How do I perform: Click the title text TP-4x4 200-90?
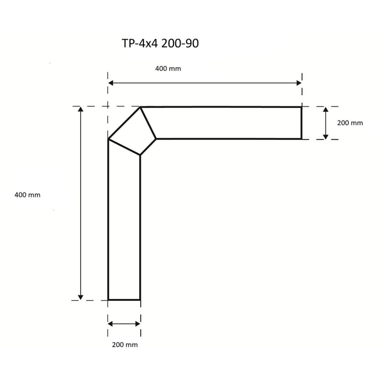pos(160,44)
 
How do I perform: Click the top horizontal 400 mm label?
pos(168,68)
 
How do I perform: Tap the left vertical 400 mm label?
pos(27,195)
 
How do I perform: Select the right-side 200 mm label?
pos(350,123)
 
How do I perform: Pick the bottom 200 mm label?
pos(125,344)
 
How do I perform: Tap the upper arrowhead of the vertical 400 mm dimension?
pos(80,110)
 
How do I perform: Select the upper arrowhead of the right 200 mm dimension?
pos(325,110)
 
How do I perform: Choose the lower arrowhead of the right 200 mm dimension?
pos(325,136)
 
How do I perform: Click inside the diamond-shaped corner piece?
pos(132,132)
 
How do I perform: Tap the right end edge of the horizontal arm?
pos(301,123)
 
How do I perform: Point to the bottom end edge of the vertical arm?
pos(124,300)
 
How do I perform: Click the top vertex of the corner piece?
pos(141,107)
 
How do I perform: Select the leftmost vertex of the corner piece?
pos(108,139)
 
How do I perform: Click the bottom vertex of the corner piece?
pos(140,155)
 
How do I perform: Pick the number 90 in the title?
pos(192,44)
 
